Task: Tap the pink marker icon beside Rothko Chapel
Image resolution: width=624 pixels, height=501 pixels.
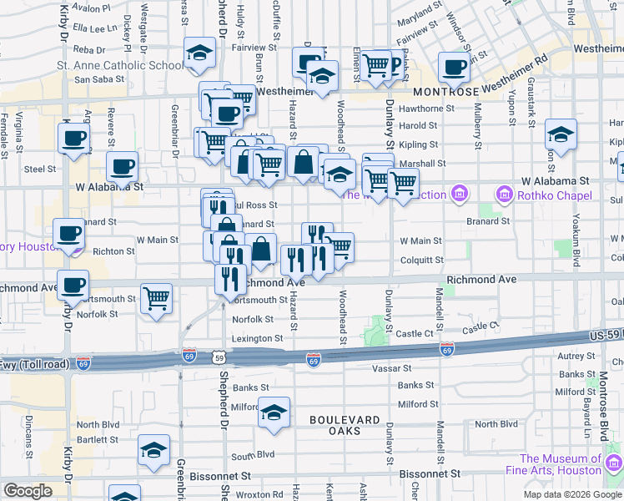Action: [x=504, y=195]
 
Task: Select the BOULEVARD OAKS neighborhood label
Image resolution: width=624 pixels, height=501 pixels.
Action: [x=345, y=425]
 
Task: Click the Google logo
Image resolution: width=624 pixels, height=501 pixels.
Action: [x=28, y=490]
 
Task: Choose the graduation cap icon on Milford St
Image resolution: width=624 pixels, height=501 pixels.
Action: [x=273, y=412]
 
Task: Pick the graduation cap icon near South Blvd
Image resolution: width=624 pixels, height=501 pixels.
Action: [x=153, y=451]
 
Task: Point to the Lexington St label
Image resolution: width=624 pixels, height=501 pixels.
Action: [x=257, y=338]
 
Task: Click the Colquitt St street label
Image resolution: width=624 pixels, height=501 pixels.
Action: [x=420, y=259]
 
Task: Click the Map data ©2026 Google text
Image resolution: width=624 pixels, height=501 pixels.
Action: [x=572, y=494]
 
